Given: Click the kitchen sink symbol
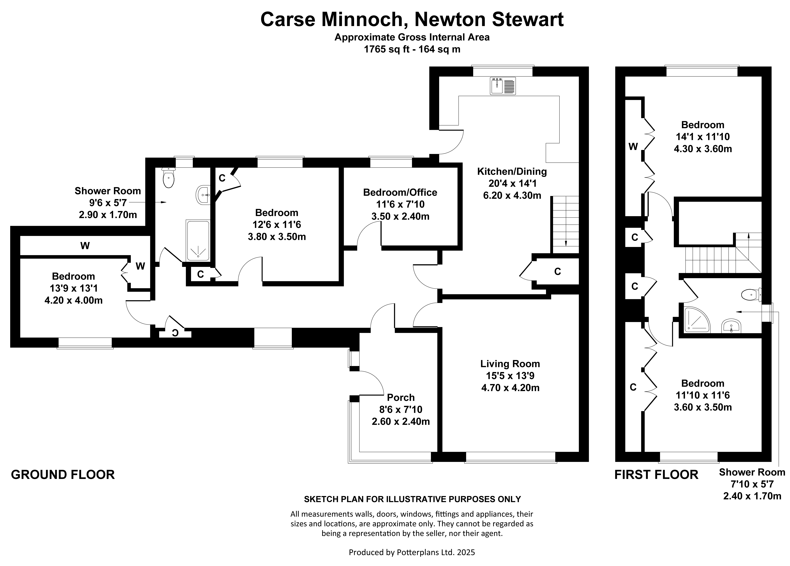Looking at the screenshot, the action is click(x=503, y=86).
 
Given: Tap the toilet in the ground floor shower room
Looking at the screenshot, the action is click(x=169, y=178).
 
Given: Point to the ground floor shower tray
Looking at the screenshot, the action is click(x=198, y=240).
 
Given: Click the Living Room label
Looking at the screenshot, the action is click(x=510, y=364).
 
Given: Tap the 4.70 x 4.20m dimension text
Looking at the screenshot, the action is click(x=510, y=388).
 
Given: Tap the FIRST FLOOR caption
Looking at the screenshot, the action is click(x=656, y=475).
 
